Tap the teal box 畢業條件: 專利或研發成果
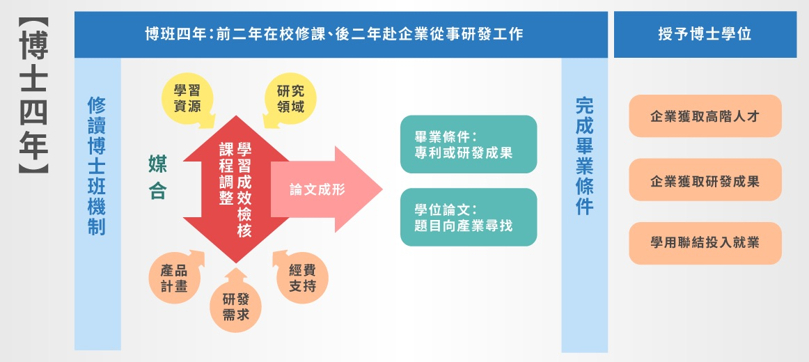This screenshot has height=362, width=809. [469, 144]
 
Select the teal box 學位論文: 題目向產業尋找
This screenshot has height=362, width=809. [469, 217]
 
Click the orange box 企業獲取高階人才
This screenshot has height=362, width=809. [705, 116]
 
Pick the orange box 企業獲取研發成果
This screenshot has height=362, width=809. [705, 180]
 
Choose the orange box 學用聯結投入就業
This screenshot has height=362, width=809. [705, 243]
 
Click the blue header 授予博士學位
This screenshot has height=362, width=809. [705, 35]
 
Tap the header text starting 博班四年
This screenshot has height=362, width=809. [334, 35]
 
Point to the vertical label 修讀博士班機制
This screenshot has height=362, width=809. [97, 166]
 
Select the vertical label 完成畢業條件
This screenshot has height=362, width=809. [585, 157]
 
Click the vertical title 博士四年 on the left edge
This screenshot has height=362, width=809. [34, 96]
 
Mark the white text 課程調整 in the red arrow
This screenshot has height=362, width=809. [226, 174]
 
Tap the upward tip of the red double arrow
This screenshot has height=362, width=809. [236, 116]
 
